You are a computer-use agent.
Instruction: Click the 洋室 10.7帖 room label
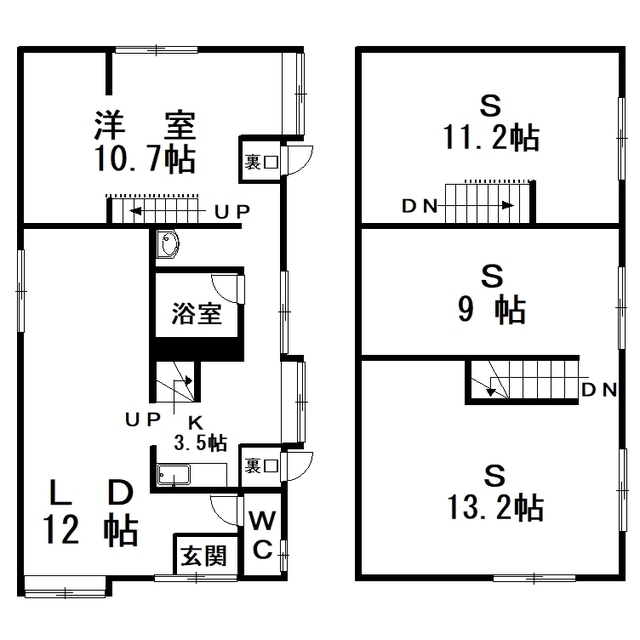point(145,142)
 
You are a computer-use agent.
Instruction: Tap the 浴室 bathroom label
point(196,314)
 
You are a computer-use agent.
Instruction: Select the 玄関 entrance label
point(204,556)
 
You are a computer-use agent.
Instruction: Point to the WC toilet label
point(262,535)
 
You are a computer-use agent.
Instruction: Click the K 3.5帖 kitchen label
point(200,433)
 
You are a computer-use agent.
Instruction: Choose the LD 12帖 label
point(91,513)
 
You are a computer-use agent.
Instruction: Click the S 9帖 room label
point(491,294)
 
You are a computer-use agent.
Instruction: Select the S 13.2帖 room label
point(495,493)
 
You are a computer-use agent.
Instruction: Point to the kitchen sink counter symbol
point(192,475)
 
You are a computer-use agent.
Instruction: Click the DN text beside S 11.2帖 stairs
point(420,206)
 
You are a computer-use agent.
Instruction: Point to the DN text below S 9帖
point(598,391)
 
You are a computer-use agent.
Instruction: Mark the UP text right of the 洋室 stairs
point(232,211)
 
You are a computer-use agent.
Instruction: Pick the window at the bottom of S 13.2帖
point(534,578)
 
